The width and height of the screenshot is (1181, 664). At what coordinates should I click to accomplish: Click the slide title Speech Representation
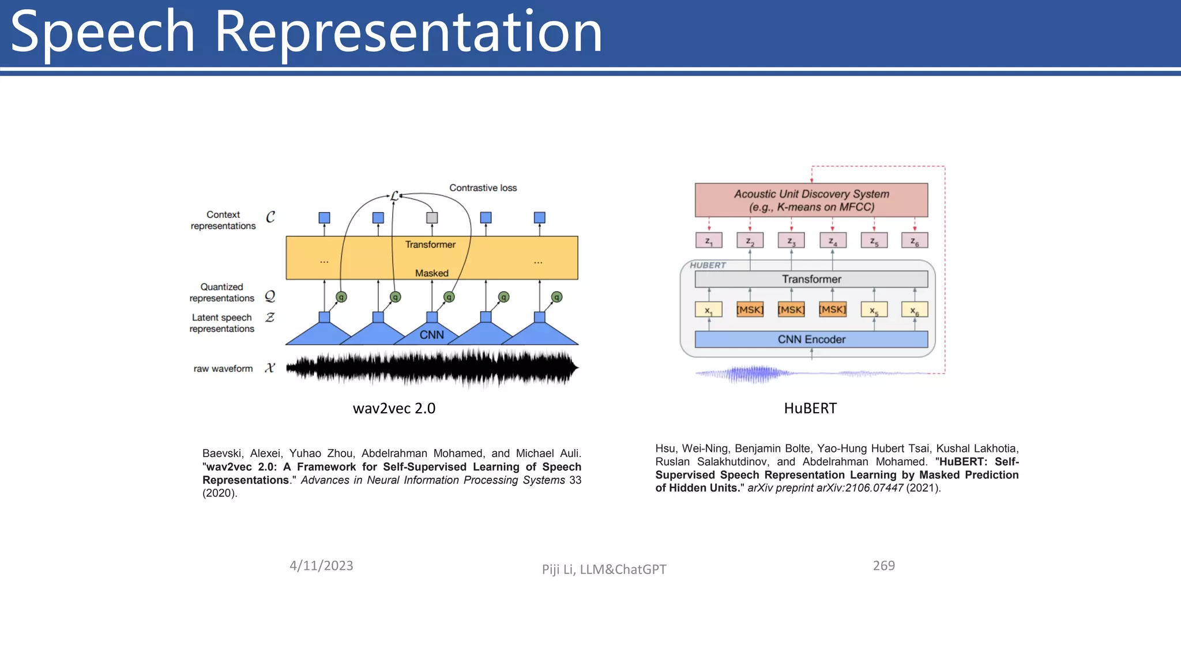pos(306,33)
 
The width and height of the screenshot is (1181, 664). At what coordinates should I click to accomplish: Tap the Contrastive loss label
pos(483,188)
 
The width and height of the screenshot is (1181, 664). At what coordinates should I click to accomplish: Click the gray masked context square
pos(432,218)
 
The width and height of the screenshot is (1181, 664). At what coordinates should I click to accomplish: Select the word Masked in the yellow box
pos(431,273)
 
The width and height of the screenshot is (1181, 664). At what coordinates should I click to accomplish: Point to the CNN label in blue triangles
pos(431,335)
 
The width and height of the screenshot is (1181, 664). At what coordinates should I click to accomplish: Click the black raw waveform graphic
pos(431,368)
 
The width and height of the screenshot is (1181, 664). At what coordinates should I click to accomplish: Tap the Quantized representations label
pos(222,293)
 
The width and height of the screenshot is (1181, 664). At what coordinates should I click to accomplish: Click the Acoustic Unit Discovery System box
pos(811,200)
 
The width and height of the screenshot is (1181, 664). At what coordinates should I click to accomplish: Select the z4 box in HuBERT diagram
pos(833,240)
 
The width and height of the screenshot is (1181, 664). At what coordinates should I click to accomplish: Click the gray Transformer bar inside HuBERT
pos(811,280)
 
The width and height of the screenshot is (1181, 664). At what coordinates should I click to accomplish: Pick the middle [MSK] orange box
pos(791,310)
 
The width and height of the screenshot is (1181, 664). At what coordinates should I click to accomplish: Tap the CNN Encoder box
pos(811,339)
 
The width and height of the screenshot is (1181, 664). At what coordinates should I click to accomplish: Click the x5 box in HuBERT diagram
pos(874,310)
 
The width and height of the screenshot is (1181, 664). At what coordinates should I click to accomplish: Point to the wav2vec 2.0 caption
pos(394,409)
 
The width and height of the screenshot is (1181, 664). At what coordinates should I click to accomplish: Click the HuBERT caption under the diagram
pos(810,409)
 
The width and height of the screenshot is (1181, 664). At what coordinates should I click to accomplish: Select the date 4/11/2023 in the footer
pos(321,566)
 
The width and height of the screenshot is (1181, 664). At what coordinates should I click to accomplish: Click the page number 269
pos(883,566)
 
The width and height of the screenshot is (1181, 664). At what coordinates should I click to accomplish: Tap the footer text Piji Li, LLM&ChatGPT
pos(604,569)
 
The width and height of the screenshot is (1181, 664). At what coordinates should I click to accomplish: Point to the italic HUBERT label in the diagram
pos(708,265)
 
